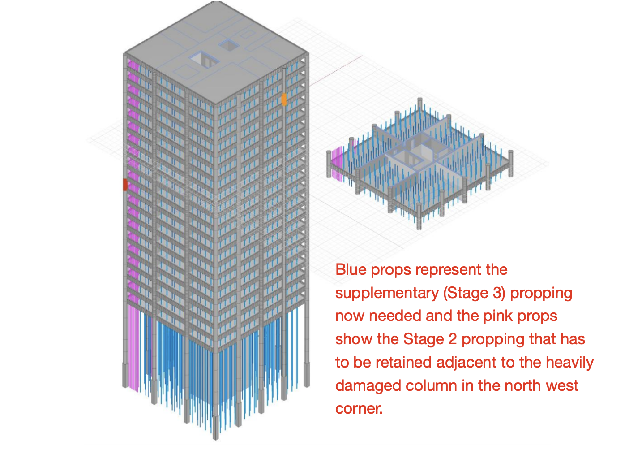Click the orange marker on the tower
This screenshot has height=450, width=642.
point(284,100)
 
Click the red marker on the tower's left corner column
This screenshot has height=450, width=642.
point(125,185)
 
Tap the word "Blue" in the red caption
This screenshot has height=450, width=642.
point(351,269)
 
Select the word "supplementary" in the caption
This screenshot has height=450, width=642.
point(387,293)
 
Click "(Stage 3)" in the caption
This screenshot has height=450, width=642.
point(475,293)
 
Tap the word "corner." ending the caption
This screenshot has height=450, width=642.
point(359,409)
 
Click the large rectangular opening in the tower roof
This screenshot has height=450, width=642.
point(204,60)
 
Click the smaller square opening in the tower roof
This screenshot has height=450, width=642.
point(229,45)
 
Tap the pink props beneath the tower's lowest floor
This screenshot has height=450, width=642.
point(134,348)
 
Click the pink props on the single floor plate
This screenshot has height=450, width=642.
point(337,164)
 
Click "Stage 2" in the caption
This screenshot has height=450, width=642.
point(430,339)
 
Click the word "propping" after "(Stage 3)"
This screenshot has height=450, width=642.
point(541,294)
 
